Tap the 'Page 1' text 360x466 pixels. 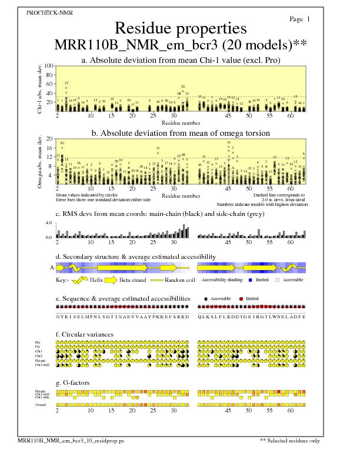(x=300, y=19)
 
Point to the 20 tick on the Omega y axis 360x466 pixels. (x=49, y=139)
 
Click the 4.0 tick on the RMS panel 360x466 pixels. (x=49, y=224)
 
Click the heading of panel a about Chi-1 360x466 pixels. (x=180, y=60)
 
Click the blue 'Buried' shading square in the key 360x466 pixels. (x=250, y=280)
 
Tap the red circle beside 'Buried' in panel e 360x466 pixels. (x=242, y=299)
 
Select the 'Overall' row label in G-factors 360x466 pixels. (x=41, y=405)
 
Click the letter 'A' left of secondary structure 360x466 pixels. (x=52, y=268)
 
